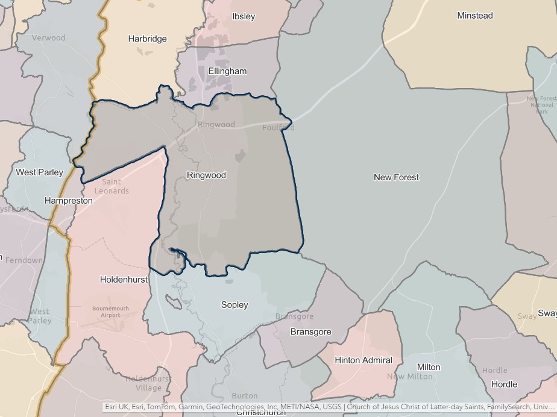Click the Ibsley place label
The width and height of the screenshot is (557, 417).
pyautogui.click(x=244, y=16)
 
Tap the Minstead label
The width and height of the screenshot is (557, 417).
pyautogui.click(x=474, y=16)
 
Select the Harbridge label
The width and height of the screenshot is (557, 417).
pyautogui.click(x=147, y=39)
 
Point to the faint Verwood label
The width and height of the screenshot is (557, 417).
pyautogui.click(x=48, y=38)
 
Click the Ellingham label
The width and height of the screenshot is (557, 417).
pyautogui.click(x=227, y=71)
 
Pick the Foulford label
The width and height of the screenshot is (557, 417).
pyautogui.click(x=278, y=128)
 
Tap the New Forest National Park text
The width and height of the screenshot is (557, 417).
pyautogui.click(x=541, y=105)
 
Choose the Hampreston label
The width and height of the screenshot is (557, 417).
pyautogui.click(x=69, y=200)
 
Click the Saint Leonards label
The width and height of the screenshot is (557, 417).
pyautogui.click(x=112, y=186)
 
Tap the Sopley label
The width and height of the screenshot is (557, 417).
pyautogui.click(x=234, y=305)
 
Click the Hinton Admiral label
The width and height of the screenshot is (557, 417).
pyautogui.click(x=363, y=360)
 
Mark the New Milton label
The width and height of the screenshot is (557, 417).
pyautogui.click(x=410, y=377)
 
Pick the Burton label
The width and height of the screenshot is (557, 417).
pyautogui.click(x=244, y=397)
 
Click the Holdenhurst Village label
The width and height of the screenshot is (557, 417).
pyautogui.click(x=148, y=383)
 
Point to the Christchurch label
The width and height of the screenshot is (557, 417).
pyautogui.click(x=260, y=413)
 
